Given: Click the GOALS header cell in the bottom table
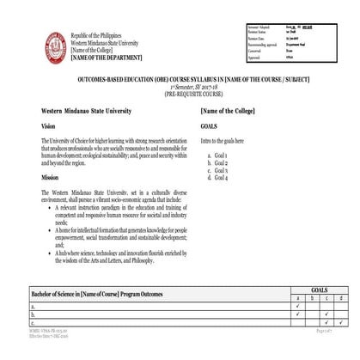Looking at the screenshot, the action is tap(319, 291).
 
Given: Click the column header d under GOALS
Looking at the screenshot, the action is tap(341, 299).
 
